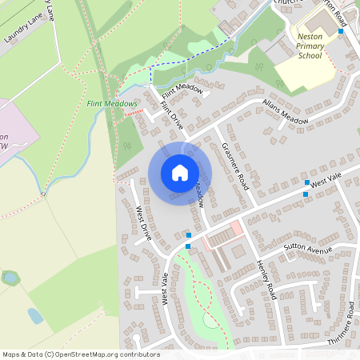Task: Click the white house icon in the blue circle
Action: tap(180, 173)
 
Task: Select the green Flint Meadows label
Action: tap(113, 104)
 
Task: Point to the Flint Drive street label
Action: tap(172, 115)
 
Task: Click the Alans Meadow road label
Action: tap(286, 112)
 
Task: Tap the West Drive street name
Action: tap(143, 224)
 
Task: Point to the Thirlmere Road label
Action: tap(341, 323)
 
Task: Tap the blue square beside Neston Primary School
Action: tap(341, 31)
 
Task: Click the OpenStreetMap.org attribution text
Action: tap(80, 354)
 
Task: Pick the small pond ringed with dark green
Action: tap(11, 278)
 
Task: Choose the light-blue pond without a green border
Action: tap(35, 315)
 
